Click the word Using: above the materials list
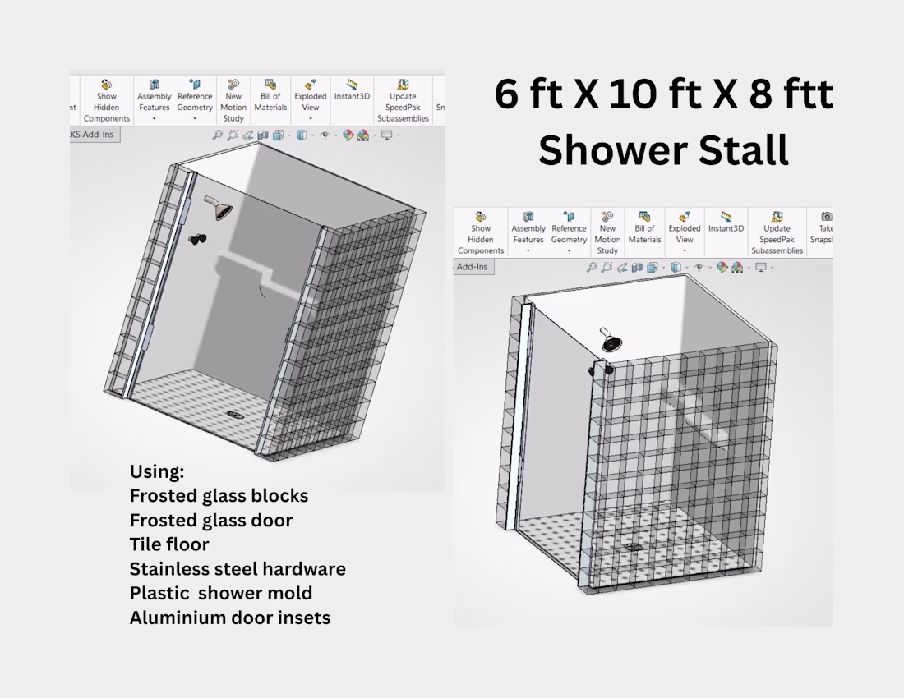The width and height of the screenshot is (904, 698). pos(157,471)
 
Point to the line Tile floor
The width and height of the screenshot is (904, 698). pos(169,544)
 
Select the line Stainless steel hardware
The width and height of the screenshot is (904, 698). pos(238,569)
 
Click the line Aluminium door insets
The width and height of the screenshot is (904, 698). pos(230,618)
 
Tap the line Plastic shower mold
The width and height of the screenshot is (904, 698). pos(221,593)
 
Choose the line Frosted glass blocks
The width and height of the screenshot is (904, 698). pos(219,496)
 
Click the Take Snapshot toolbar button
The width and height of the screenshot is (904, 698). pos(825,228)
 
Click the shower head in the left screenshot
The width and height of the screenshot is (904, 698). pos(219,207)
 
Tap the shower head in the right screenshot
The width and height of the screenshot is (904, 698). pos(610,340)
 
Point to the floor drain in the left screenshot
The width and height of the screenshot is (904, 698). pos(235,414)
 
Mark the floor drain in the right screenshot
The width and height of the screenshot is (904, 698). pos(633,547)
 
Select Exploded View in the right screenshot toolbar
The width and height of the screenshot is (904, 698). pos(685,232)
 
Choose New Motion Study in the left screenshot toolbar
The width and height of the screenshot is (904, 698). pos(233,101)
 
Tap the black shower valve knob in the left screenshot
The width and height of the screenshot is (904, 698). pos(198,238)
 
